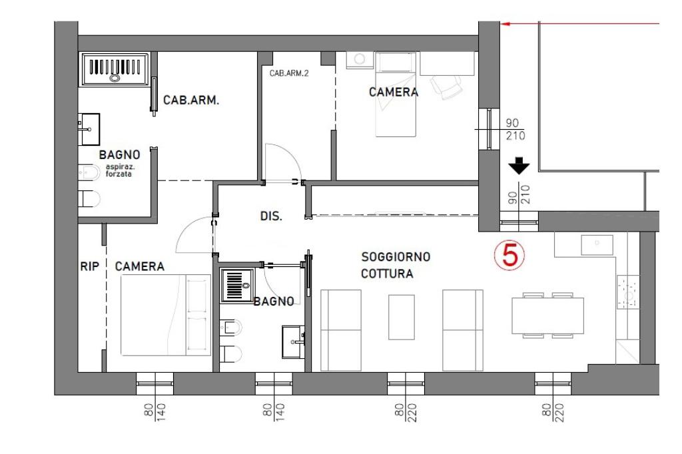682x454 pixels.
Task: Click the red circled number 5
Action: click(x=510, y=255)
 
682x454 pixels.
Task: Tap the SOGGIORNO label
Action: click(x=396, y=257)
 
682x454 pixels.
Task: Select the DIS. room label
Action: click(x=271, y=216)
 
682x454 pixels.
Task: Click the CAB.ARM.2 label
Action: click(x=289, y=73)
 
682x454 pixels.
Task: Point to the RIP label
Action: click(x=90, y=266)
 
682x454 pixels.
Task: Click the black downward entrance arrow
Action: click(x=519, y=166)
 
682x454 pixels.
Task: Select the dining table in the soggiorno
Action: click(x=547, y=316)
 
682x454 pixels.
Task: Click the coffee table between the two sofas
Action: click(x=401, y=317)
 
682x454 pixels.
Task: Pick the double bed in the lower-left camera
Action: click(x=166, y=315)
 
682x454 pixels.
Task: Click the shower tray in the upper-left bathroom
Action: click(x=115, y=69)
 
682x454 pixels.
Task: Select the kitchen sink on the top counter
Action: click(x=597, y=245)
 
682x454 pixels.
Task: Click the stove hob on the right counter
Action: click(x=627, y=292)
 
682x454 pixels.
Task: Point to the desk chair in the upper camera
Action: click(x=446, y=87)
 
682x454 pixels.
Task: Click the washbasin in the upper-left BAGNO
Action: click(x=89, y=129)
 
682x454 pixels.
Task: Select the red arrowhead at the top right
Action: click(x=505, y=23)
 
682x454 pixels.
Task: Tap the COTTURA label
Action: click(x=387, y=274)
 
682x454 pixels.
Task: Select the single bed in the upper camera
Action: click(x=396, y=95)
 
